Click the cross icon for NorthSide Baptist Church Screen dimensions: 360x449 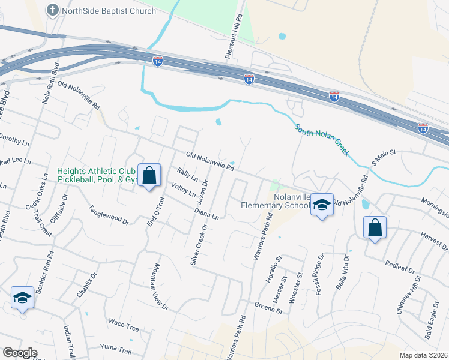tap(53, 10)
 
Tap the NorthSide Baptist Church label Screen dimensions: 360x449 tap(109, 11)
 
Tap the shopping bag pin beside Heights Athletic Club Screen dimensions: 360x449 tap(149, 176)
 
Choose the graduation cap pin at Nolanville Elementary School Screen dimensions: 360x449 tap(322, 205)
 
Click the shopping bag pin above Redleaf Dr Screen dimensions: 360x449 tap(375, 228)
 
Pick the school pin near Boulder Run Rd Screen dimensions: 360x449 tap(22, 298)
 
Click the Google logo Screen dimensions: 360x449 tap(20, 353)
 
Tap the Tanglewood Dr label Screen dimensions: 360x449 tap(109, 215)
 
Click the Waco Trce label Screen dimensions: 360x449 tap(124, 325)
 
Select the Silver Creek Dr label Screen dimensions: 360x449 tap(198, 246)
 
